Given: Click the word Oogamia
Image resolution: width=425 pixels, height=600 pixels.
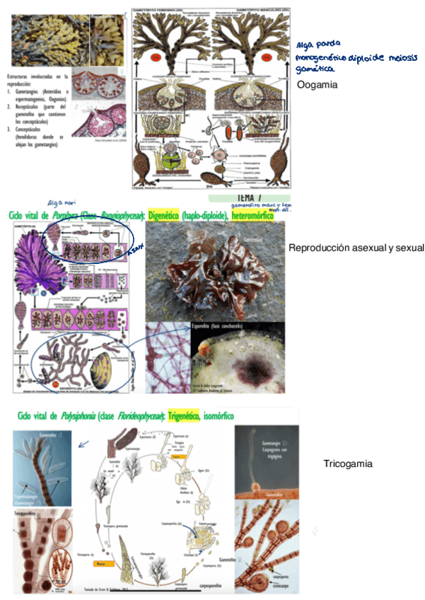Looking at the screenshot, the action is pos(318,85).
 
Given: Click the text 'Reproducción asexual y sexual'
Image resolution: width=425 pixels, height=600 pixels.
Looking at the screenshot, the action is pos(356,248).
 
